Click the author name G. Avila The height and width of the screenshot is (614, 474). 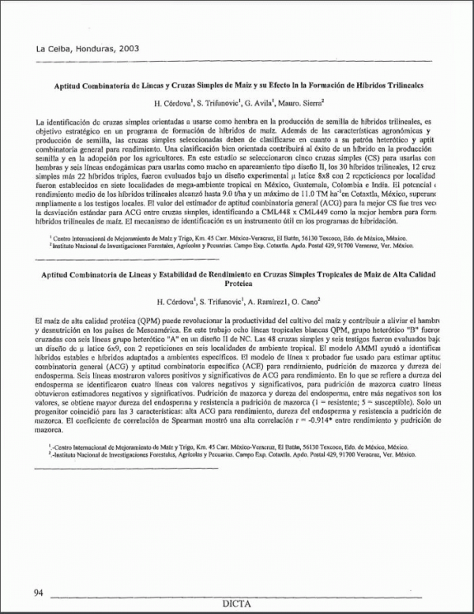[256, 102]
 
